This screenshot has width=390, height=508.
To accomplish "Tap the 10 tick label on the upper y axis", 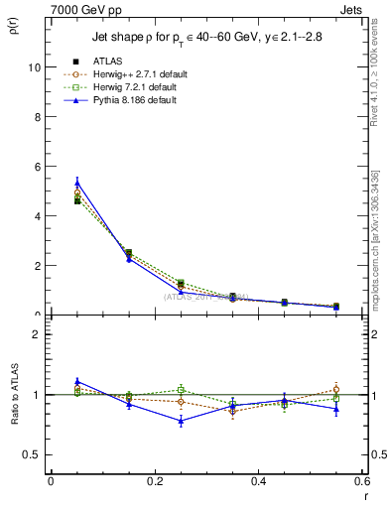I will [x=34, y=67].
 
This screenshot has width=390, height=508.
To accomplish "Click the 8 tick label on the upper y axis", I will [x=37, y=117].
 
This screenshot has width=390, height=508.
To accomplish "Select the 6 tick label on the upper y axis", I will [x=37, y=167].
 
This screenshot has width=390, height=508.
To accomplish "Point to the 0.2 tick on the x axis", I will [x=154, y=481].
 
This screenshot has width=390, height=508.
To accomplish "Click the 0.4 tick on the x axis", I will [x=258, y=481].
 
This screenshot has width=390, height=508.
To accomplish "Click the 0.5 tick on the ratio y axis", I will [x=32, y=454].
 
